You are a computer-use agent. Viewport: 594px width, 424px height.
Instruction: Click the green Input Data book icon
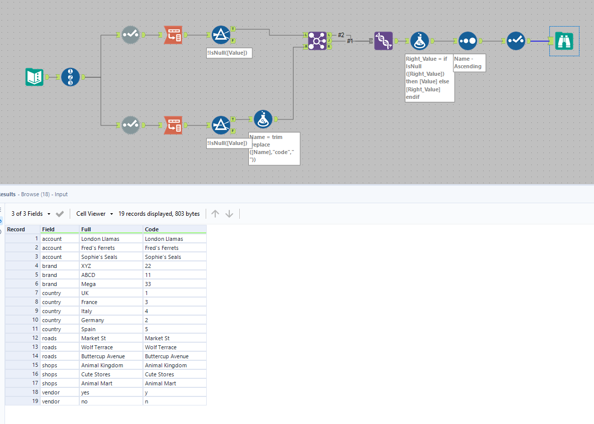(35, 77)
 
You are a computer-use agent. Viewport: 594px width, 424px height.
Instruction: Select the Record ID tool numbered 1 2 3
(70, 77)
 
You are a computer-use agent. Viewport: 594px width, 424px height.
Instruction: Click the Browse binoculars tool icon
(564, 41)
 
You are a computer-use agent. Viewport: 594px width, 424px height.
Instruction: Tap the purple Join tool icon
(317, 41)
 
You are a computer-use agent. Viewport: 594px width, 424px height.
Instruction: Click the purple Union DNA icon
(383, 41)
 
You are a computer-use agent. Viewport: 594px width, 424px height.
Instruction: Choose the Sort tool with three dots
(468, 41)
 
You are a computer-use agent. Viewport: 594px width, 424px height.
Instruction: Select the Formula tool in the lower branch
(263, 119)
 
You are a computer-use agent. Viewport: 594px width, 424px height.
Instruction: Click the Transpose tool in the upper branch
(173, 35)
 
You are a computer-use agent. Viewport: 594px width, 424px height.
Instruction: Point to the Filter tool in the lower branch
(221, 124)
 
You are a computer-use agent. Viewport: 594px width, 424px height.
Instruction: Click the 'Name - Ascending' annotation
(469, 63)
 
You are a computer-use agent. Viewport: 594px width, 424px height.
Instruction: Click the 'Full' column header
(86, 229)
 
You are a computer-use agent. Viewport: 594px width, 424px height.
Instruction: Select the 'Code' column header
(152, 229)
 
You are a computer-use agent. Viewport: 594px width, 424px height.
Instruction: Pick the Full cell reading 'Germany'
(93, 320)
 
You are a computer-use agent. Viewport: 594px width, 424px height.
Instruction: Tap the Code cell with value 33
(148, 284)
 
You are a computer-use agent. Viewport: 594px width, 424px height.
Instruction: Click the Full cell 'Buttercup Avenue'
(103, 356)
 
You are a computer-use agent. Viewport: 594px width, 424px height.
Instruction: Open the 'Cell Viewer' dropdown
(95, 214)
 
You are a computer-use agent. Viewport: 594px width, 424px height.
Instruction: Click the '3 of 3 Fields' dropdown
(31, 214)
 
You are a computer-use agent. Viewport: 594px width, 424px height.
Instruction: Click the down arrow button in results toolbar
(229, 214)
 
